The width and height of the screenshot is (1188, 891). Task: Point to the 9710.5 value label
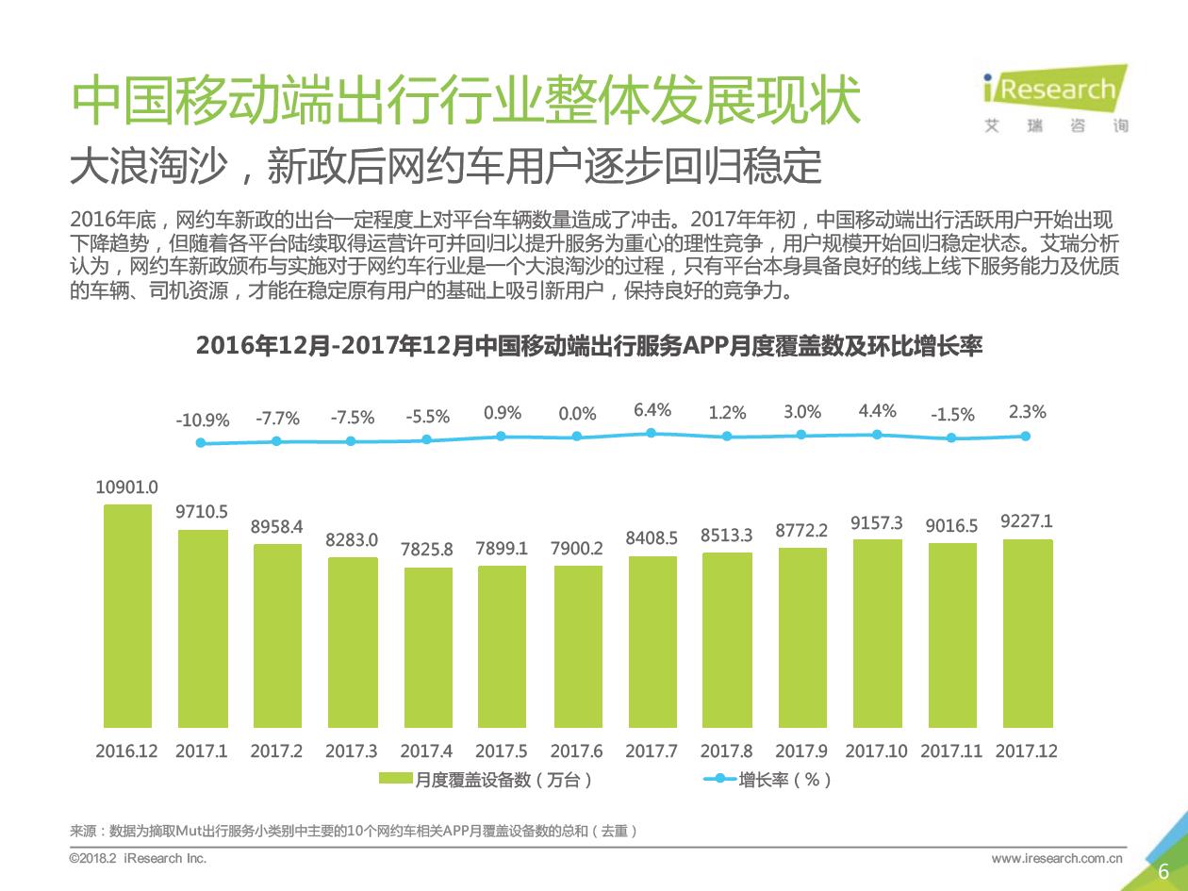(202, 512)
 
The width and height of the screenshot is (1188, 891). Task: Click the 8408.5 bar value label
(652, 538)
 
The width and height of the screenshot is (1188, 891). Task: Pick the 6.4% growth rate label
(652, 410)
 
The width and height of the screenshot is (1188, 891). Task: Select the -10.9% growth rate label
(202, 421)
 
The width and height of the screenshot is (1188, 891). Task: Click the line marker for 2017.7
(652, 433)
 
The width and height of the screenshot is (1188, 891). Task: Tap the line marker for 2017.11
(951, 437)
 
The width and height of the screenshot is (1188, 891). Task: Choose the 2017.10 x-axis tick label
(876, 751)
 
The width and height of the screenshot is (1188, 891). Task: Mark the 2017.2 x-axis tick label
(276, 751)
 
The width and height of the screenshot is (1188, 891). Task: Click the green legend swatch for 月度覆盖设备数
(395, 780)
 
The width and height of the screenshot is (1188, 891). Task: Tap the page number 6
(1163, 871)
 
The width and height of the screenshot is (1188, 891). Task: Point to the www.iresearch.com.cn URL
(1057, 858)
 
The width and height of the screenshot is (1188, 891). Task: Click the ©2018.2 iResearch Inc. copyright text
(138, 858)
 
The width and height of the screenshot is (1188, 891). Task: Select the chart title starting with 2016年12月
(589, 346)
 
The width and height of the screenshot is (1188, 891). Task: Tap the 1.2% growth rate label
(727, 413)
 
